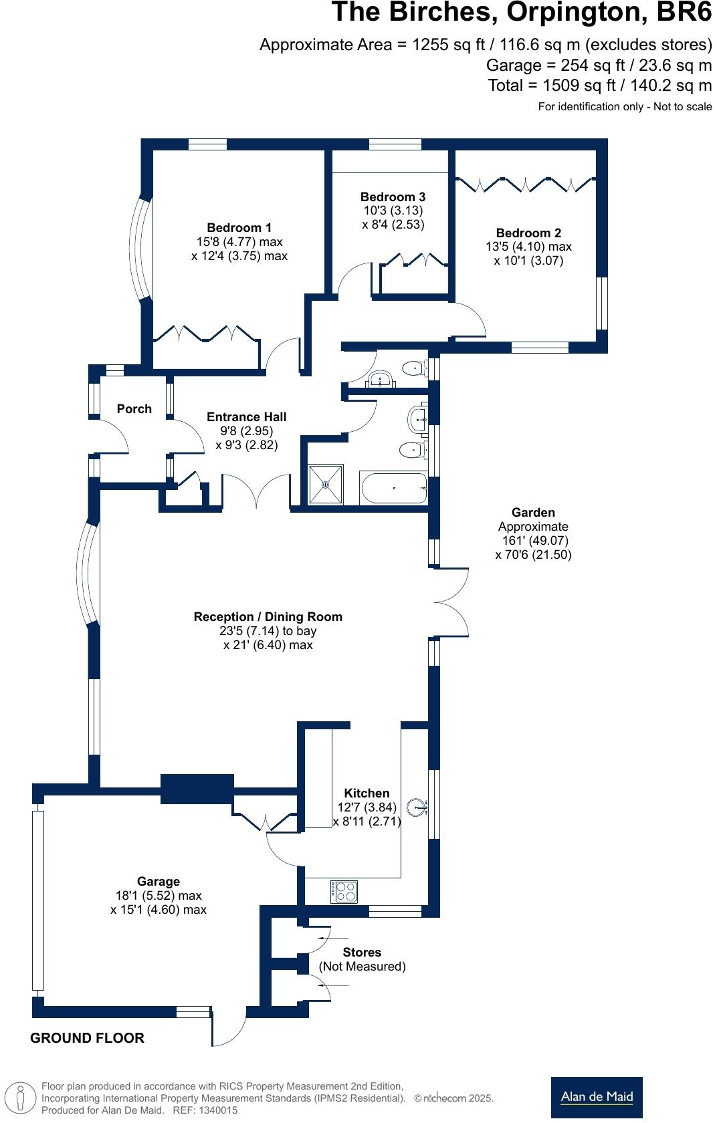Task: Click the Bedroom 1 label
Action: pos(239,228)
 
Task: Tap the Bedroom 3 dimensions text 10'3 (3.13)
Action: pos(393,211)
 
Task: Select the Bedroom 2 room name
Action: pos(528,233)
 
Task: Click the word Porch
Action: pos(134,408)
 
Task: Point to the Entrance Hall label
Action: pos(246,416)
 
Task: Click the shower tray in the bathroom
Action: pos(326,485)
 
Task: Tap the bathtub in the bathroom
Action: pos(393,488)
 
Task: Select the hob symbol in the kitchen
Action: pos(344,891)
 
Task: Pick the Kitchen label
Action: pos(367,793)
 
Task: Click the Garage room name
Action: pos(159,881)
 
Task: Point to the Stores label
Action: pos(362,952)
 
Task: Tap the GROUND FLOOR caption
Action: pos(87,1037)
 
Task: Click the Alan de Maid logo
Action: pos(597,1097)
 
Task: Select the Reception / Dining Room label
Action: pos(268,616)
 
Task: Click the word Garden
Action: pos(533,512)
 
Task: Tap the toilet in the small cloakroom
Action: pos(415,367)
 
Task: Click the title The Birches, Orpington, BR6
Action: pos(522,13)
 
